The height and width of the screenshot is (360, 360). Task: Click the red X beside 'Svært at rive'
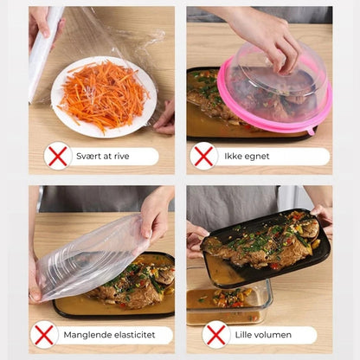click(x=58, y=156)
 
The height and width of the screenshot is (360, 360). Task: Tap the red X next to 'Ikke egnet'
click(x=203, y=156)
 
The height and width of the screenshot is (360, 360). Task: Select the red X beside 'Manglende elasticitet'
click(x=44, y=335)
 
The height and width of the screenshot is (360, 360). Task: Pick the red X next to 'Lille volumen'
click(x=216, y=335)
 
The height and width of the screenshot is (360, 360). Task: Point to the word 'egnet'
click(x=257, y=157)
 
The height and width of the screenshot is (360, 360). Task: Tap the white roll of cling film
click(x=42, y=55)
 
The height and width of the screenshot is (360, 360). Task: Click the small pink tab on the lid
click(x=311, y=131)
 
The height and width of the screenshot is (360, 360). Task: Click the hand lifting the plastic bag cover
click(x=156, y=215)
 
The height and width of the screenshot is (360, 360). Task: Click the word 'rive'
click(x=121, y=156)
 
